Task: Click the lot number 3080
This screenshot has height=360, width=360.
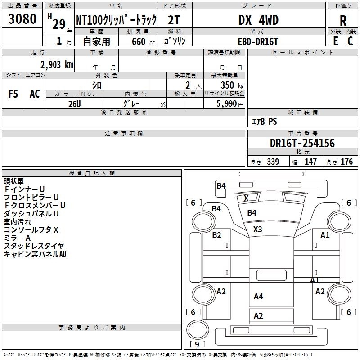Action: click(x=22, y=18)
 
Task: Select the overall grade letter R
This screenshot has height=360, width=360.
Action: click(x=343, y=21)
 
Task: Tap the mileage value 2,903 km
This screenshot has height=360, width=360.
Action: click(x=57, y=65)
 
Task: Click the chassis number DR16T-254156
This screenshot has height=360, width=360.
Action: click(x=302, y=143)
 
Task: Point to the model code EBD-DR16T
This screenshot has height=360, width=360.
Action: click(x=258, y=41)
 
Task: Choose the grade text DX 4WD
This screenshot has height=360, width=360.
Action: click(x=258, y=20)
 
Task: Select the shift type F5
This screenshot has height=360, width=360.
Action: click(x=13, y=94)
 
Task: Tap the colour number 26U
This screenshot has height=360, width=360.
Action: click(x=74, y=104)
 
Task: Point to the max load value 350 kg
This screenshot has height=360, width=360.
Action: click(x=232, y=85)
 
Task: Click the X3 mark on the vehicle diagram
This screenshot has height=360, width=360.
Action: click(x=257, y=229)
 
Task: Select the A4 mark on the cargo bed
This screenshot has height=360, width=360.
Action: click(x=258, y=296)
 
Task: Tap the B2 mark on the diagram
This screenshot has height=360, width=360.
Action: click(x=216, y=235)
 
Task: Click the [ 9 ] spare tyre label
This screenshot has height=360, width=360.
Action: click(x=197, y=344)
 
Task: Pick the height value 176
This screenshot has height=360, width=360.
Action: click(x=346, y=162)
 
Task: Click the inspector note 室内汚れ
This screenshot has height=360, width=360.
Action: click(x=18, y=222)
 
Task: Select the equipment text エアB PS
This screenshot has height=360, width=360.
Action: click(x=265, y=121)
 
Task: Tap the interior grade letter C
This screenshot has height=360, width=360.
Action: click(x=350, y=41)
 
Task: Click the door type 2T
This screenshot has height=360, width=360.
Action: click(x=174, y=20)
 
